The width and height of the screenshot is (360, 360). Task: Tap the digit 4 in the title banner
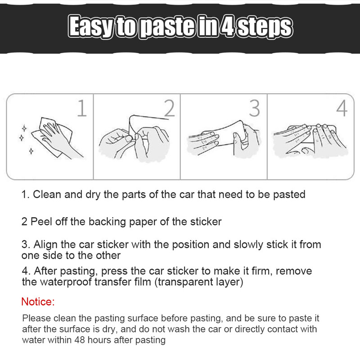[x=227, y=26]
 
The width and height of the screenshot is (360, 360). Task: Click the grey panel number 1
[x=82, y=108]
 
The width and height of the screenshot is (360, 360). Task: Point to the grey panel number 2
[x=170, y=108]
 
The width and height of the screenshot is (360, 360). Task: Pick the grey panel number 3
[x=254, y=108]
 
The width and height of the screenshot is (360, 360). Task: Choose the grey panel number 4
[x=342, y=108]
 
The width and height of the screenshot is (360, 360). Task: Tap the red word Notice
[x=38, y=301]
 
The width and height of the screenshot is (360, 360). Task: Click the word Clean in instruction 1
[x=47, y=194]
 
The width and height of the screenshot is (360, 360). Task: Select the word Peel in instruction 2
[x=41, y=221]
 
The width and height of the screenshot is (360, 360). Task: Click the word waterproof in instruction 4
[x=66, y=282]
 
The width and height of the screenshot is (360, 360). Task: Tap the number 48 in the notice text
[x=80, y=340]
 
